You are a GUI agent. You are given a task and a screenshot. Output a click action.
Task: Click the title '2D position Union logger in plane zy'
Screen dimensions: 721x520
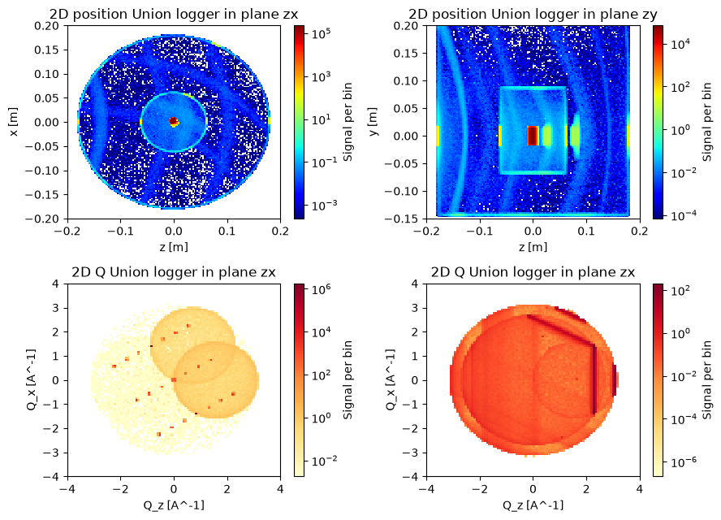(x=533, y=15)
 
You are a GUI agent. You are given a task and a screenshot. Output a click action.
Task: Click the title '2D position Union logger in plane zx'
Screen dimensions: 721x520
(x=174, y=15)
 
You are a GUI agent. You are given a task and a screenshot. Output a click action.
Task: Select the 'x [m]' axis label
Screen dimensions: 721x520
(x=14, y=122)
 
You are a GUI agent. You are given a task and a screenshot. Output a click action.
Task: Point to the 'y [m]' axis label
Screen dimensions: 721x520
(x=373, y=122)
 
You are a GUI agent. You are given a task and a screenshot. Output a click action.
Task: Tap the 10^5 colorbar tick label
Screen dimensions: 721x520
(x=322, y=34)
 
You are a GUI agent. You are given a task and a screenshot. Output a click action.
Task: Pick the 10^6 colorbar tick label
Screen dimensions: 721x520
(x=322, y=290)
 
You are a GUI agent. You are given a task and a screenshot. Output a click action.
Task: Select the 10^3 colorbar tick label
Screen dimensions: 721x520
(x=322, y=77)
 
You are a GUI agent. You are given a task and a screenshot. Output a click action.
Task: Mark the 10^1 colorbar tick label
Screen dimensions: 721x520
(x=322, y=119)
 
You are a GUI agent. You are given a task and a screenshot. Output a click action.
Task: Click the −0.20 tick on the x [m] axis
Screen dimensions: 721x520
(x=46, y=219)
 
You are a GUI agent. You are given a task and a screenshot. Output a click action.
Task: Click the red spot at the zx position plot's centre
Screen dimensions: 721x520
(x=173, y=121)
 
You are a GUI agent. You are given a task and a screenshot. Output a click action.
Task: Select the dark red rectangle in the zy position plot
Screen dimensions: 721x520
(x=533, y=136)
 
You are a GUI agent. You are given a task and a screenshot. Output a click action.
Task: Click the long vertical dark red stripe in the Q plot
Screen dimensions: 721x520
(x=594, y=380)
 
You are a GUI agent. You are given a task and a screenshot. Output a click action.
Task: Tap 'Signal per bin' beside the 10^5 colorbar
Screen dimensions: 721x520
(x=348, y=122)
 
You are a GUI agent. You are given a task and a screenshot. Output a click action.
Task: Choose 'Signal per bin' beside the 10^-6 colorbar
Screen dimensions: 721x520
(x=706, y=380)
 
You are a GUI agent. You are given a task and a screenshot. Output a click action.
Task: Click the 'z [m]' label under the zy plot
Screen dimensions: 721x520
(x=533, y=247)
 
